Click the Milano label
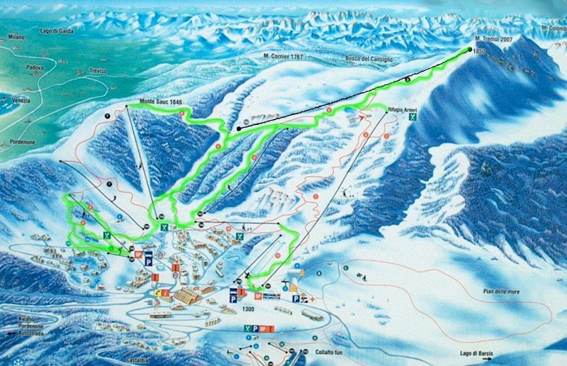16,37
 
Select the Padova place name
35,68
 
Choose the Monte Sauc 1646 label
161,102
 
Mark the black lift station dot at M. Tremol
470,49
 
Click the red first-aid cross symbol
311,299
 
